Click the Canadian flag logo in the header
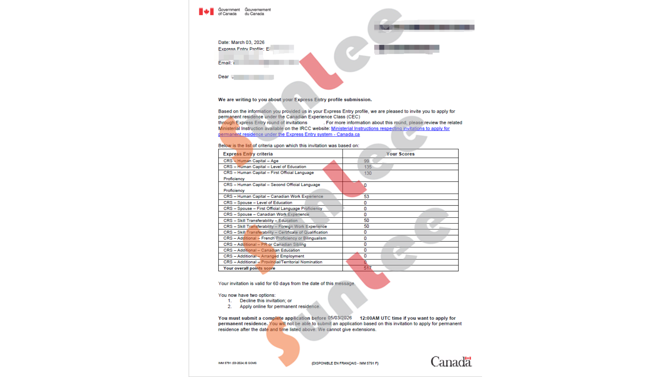pyautogui.click(x=206, y=12)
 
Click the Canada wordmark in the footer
pyautogui.click(x=451, y=362)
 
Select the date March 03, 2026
pyautogui.click(x=248, y=42)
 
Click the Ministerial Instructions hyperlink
pyautogui.click(x=390, y=128)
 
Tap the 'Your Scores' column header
pyautogui.click(x=400, y=154)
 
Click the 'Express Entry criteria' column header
pyautogui.click(x=248, y=154)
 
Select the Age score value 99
pyautogui.click(x=366, y=161)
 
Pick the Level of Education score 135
pyautogui.click(x=368, y=167)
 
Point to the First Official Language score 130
pyautogui.click(x=368, y=173)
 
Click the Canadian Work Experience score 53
pyautogui.click(x=366, y=197)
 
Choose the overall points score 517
pyautogui.click(x=367, y=268)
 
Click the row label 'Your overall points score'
pyautogui.click(x=249, y=268)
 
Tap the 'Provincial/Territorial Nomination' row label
pyautogui.click(x=291, y=262)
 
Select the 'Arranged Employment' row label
pyautogui.click(x=282, y=256)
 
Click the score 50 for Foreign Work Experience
pyautogui.click(x=366, y=226)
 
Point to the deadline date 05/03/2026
pyautogui.click(x=340, y=318)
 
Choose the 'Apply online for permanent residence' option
pyautogui.click(x=279, y=306)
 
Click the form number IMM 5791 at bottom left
pyautogui.click(x=237, y=363)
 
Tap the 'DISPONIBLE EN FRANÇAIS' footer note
pyautogui.click(x=345, y=363)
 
